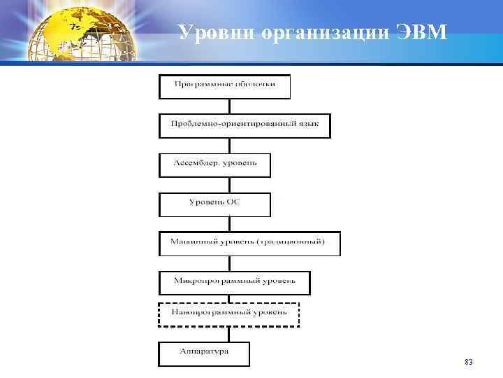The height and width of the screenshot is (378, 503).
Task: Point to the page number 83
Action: [468, 362]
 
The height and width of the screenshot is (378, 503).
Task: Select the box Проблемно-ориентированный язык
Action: [244, 125]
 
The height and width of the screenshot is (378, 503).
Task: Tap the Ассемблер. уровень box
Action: [214, 164]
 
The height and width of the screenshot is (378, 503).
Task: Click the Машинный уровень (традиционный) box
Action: [249, 243]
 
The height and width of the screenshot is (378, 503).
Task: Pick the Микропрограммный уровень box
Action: [234, 281]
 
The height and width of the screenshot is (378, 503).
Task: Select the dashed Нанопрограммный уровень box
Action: [228, 313]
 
